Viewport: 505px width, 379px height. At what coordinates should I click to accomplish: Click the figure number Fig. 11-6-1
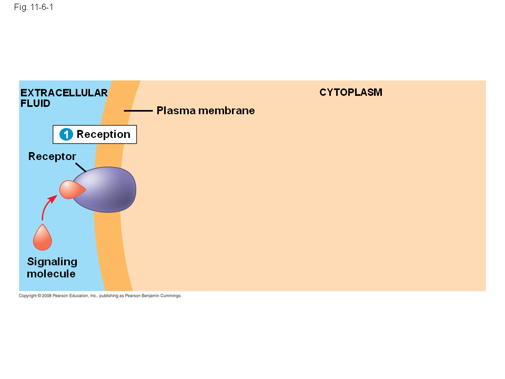click(34, 7)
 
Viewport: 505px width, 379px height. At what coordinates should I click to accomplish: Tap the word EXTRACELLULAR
click(64, 93)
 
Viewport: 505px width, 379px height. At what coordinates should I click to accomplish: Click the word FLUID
click(35, 104)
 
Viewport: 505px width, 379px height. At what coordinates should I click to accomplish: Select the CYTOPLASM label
click(351, 93)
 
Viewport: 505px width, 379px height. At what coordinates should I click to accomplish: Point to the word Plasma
click(176, 111)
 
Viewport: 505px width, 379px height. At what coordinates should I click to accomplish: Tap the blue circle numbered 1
click(66, 135)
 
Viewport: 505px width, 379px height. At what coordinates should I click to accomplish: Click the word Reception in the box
click(104, 134)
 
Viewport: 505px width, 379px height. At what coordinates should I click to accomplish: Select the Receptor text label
click(52, 156)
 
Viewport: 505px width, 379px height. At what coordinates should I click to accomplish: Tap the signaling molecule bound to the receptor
click(70, 189)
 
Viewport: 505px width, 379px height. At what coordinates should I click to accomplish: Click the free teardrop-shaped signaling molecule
click(43, 238)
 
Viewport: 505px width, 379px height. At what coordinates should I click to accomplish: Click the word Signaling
click(52, 262)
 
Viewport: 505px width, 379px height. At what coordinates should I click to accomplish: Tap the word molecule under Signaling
click(51, 274)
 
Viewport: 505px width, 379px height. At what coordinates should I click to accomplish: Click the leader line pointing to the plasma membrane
click(138, 111)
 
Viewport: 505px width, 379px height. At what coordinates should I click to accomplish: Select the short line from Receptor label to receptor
click(80, 166)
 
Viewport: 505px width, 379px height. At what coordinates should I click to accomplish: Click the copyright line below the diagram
click(100, 296)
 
